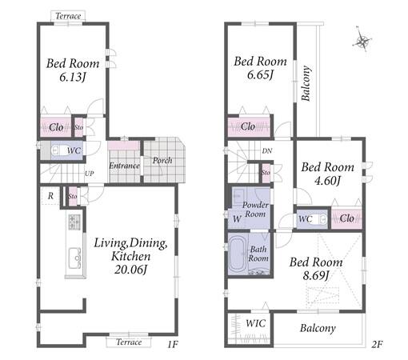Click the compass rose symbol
coord(362,41)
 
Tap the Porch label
coord(162,160)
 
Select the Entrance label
coord(124,166)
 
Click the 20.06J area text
coord(131,270)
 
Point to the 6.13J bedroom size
coord(73,78)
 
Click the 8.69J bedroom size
coord(316,275)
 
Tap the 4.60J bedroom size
coord(327,181)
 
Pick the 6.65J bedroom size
coord(260,74)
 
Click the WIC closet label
coord(256,323)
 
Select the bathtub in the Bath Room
coord(238,254)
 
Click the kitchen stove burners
coord(74,222)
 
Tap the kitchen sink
coord(75,258)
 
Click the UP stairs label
coord(90,174)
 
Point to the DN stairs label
coord(267,151)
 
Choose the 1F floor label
coord(172,345)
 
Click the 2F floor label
coord(377,345)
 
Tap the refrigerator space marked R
coord(50,196)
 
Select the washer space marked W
coord(237,219)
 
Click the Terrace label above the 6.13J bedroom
coord(68,16)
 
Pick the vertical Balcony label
coord(306,83)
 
